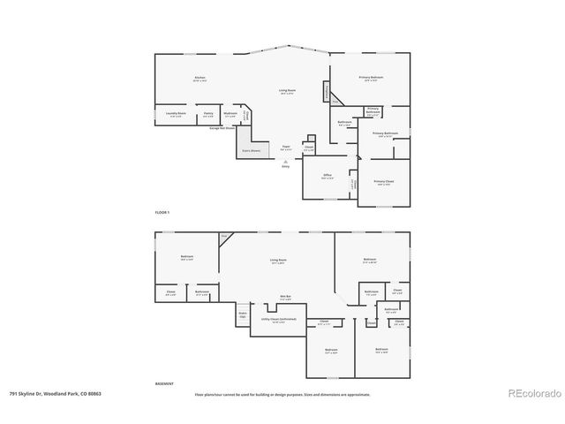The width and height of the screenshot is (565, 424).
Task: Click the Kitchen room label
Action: (200, 79)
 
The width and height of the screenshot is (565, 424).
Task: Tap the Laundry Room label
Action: (176, 113)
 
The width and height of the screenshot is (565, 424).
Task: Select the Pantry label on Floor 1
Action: (208, 113)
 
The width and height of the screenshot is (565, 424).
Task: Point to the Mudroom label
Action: (230, 113)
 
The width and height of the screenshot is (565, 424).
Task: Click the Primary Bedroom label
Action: (372, 79)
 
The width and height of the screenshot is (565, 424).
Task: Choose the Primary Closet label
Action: (384, 181)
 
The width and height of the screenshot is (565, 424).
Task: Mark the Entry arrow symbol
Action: (285, 162)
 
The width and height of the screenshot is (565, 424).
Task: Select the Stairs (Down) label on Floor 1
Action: (252, 151)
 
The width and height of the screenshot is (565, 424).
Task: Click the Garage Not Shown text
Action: (222, 128)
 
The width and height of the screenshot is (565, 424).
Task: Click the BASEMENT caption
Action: (163, 384)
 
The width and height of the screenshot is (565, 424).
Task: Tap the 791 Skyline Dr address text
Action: (56, 394)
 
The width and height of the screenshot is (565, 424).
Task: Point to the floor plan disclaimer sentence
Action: (282, 394)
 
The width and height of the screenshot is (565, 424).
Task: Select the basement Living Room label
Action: (277, 260)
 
